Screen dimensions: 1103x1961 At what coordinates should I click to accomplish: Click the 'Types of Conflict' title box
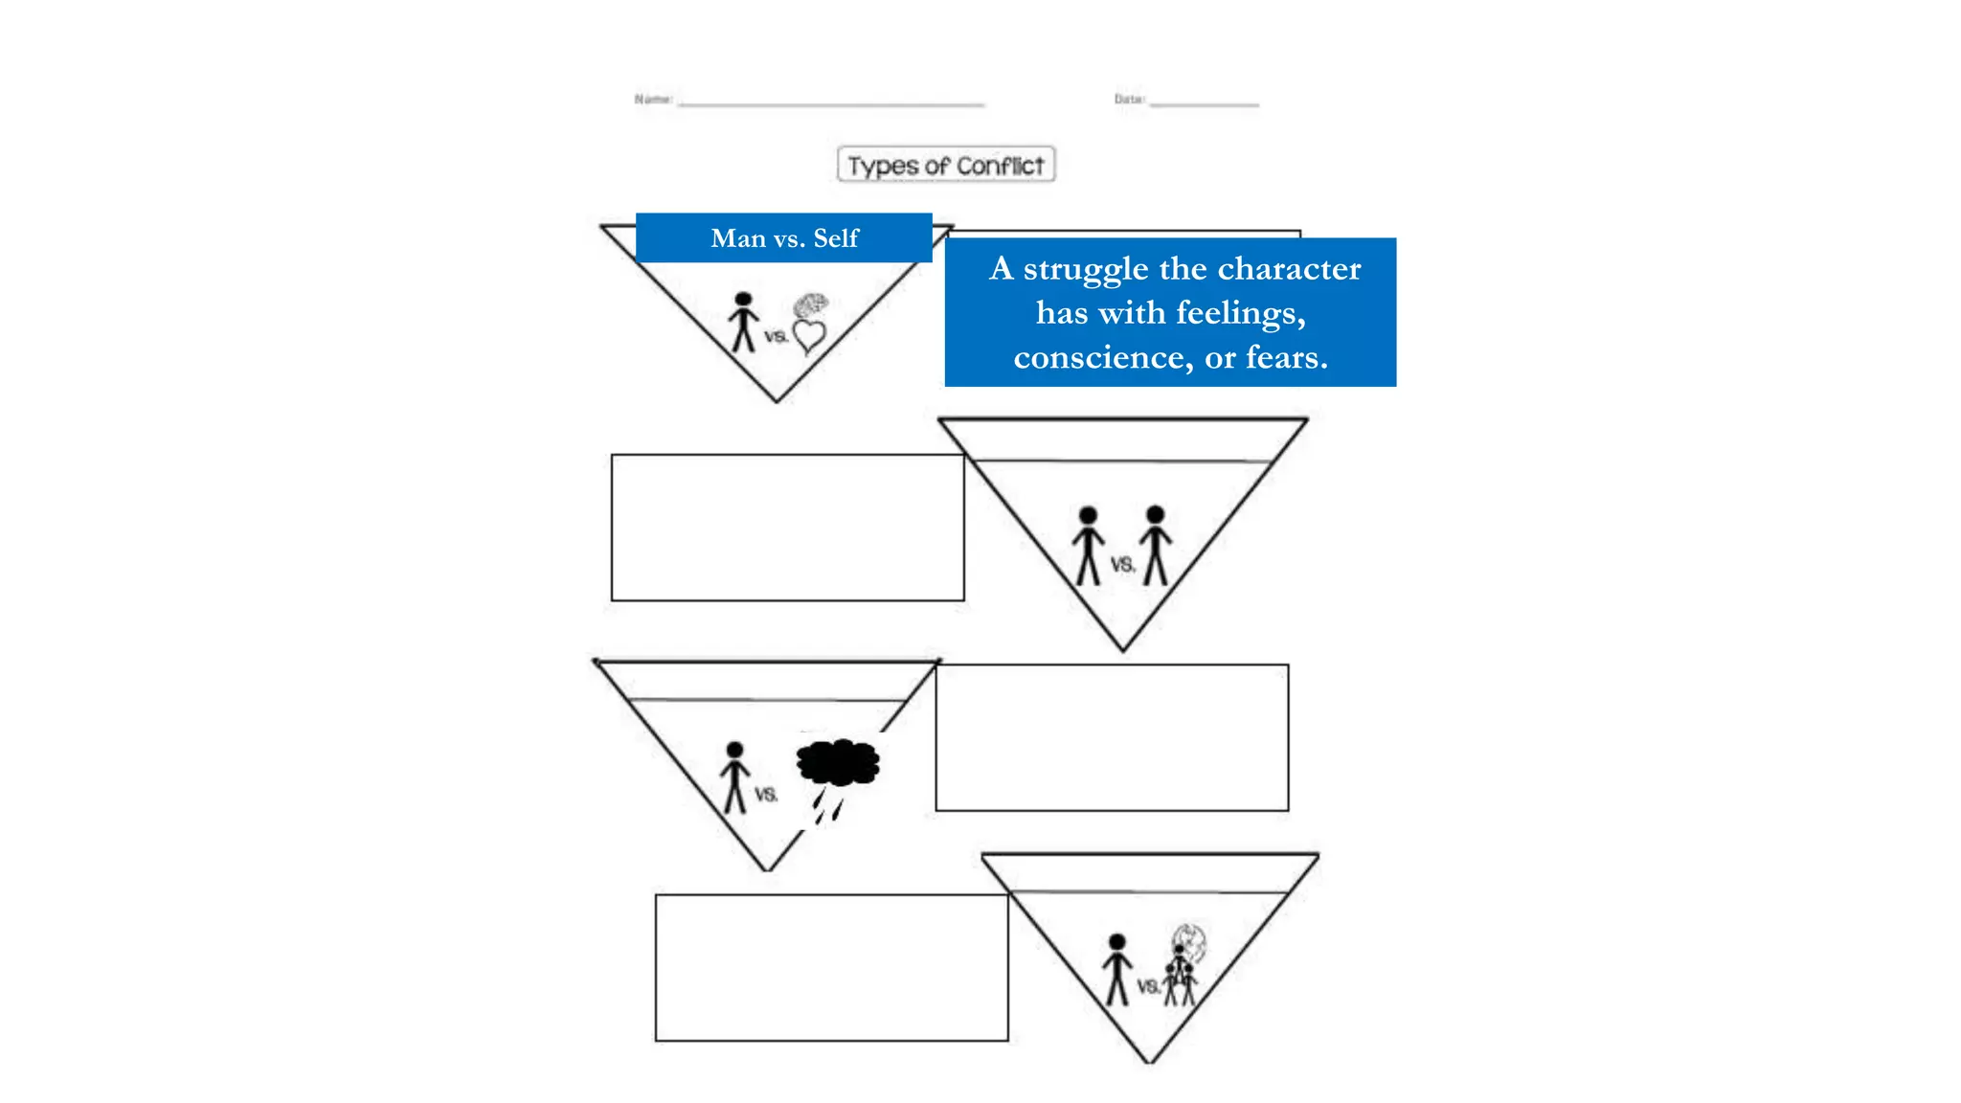[946, 165]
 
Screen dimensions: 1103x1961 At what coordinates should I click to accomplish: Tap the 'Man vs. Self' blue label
[784, 238]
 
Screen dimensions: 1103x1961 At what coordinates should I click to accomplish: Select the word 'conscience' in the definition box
[1103, 358]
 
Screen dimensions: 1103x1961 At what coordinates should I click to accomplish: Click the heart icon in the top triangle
[809, 336]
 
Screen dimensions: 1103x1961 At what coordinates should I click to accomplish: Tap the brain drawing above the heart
[811, 305]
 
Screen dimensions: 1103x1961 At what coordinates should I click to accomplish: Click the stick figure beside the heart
[743, 323]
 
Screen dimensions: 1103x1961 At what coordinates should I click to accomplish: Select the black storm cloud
[838, 762]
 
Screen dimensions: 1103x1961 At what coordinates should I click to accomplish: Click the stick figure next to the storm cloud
[734, 777]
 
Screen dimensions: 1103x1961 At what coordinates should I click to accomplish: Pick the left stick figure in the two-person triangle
[1088, 546]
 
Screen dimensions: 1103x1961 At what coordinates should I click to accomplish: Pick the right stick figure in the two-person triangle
[1156, 545]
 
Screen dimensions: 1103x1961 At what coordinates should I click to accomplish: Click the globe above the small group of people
[1190, 942]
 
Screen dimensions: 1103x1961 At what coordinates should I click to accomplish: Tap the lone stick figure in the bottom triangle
[1116, 969]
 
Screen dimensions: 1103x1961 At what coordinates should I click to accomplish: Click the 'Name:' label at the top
[653, 99]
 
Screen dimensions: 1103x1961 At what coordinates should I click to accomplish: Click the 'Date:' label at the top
[1129, 99]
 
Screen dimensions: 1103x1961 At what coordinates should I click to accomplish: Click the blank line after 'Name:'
[831, 103]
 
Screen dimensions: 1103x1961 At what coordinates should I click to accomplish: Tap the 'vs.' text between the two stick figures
[1122, 565]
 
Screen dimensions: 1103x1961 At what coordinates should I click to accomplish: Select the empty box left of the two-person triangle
[787, 528]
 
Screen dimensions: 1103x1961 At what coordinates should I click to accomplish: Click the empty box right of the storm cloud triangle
[1112, 737]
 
